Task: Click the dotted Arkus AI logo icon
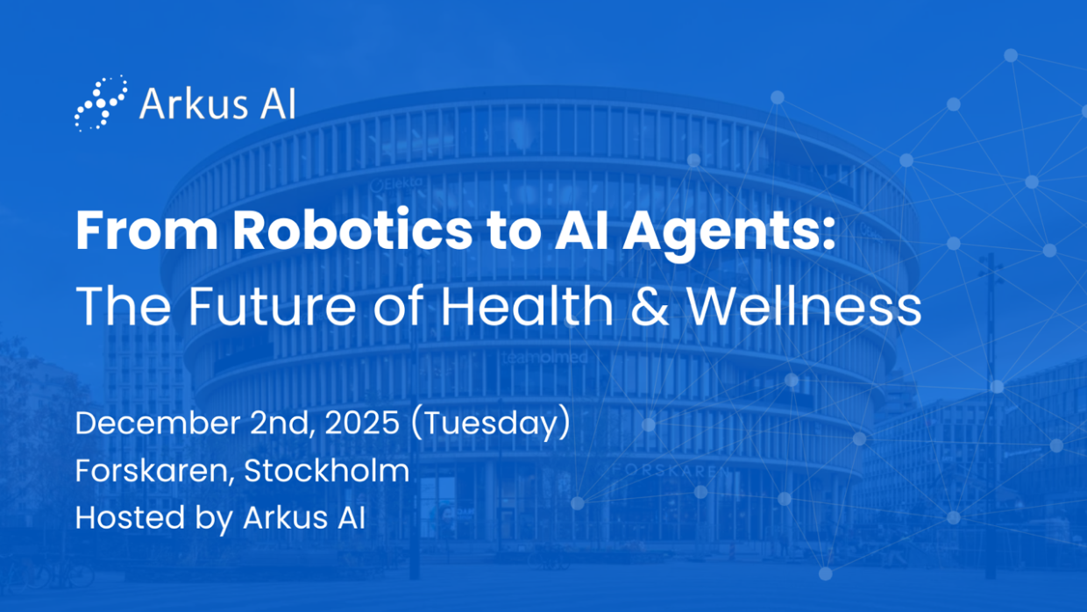pyautogui.click(x=102, y=103)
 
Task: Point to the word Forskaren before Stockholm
pyautogui.click(x=154, y=472)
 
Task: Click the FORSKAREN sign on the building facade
pyautogui.click(x=671, y=471)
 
